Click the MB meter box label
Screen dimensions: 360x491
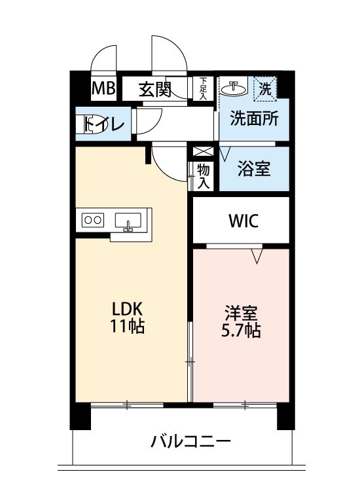point(103,88)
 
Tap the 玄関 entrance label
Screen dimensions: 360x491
point(155,90)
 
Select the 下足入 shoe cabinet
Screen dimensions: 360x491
point(203,88)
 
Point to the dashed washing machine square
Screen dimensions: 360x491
point(265,89)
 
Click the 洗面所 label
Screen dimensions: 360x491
point(254,118)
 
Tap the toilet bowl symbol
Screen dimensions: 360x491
point(92,124)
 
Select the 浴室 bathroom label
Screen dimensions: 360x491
point(254,168)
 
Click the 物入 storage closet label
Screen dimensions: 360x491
point(204,176)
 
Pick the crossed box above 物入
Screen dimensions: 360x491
point(203,152)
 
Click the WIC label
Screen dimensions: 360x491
point(243,221)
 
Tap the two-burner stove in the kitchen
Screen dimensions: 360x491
point(93,220)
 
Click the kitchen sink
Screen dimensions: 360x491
point(128,221)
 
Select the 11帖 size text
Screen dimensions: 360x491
point(127,326)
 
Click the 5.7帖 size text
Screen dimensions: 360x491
point(241,330)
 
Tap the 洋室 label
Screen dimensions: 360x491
point(241,313)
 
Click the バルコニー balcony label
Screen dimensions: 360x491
point(190,441)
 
